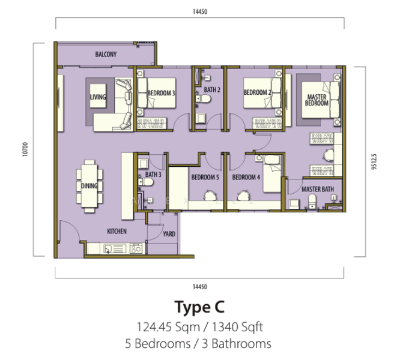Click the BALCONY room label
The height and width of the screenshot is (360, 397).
tap(106, 55)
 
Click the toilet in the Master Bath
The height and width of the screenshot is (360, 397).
tap(312, 201)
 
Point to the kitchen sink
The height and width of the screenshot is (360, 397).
tap(115, 248)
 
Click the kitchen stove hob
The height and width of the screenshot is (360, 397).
tap(136, 248)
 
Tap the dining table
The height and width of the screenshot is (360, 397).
tap(89, 186)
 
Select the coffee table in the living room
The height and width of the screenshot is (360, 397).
tap(98, 96)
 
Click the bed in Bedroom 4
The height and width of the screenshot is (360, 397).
tap(272, 173)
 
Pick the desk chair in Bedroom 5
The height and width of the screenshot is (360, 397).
tap(210, 196)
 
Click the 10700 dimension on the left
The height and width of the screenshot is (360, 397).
tap(25, 149)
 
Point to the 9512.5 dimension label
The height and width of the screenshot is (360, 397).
tap(374, 161)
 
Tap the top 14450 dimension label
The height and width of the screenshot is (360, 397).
tap(200, 11)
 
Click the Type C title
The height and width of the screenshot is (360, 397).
tap(199, 307)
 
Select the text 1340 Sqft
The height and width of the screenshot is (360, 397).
tap(237, 326)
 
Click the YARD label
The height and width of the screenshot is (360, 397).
tap(169, 234)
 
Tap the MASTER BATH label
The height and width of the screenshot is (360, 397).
tap(318, 189)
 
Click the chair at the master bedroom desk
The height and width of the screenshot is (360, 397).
tap(328, 154)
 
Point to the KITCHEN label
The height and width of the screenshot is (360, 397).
tap(117, 231)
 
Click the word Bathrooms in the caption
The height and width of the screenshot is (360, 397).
tap(241, 344)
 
